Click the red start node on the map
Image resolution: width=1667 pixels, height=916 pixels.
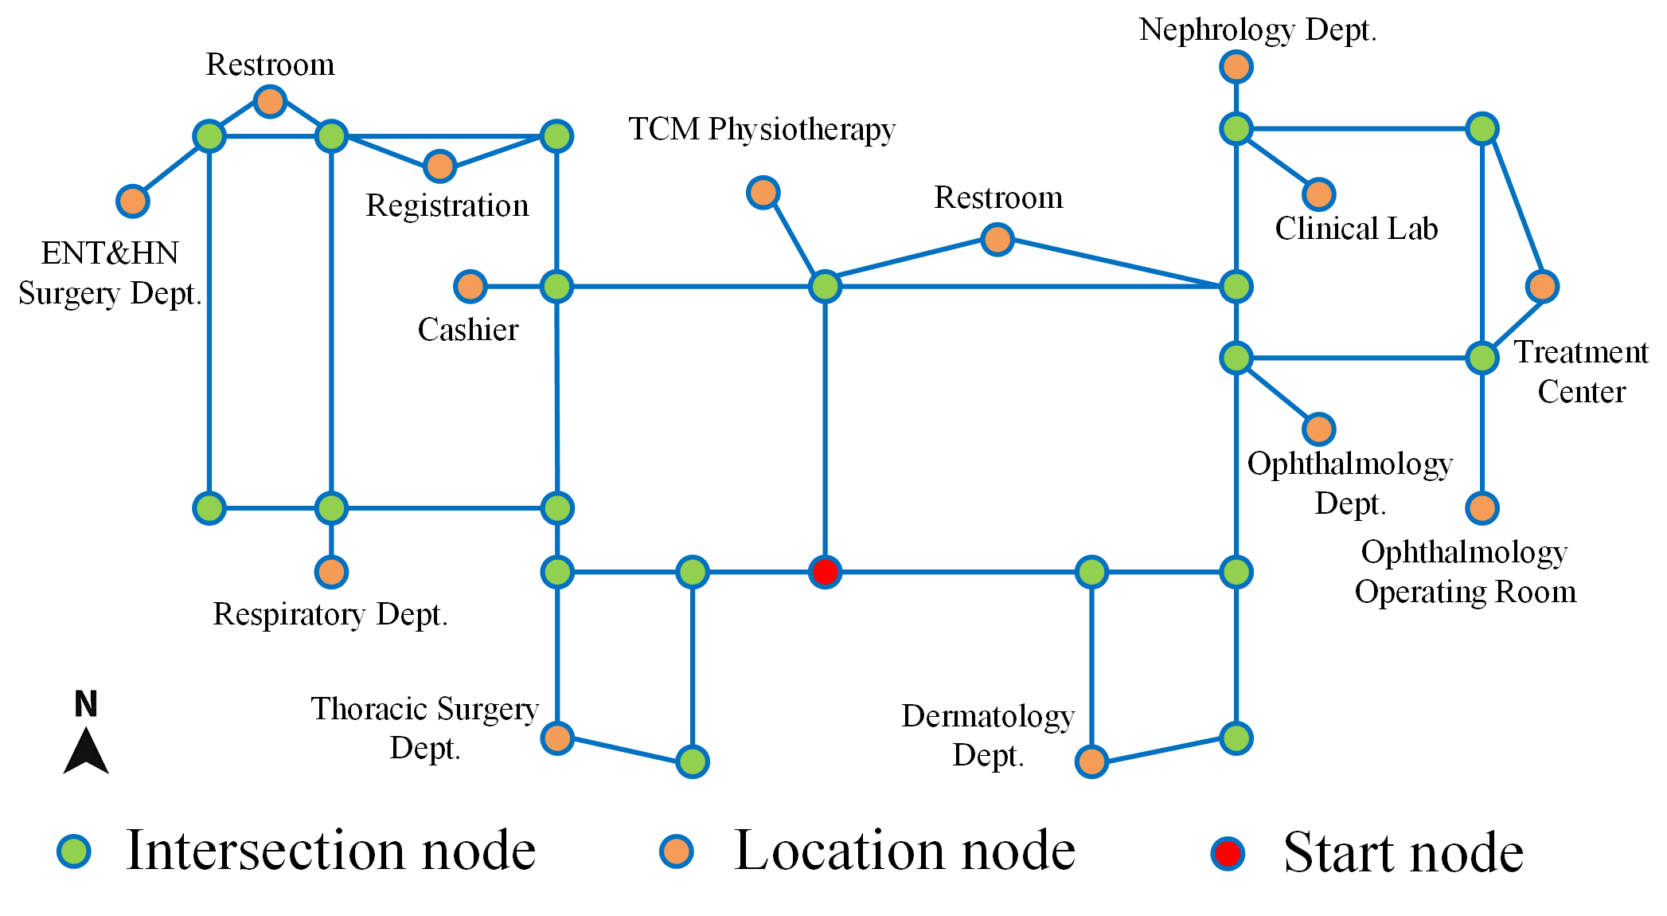pos(825,572)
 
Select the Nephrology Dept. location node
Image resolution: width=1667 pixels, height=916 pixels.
pos(1236,67)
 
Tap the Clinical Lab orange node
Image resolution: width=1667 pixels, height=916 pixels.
pos(1318,194)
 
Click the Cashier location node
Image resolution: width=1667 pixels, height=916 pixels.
pos(470,286)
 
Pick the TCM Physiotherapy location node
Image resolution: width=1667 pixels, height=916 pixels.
pos(763,193)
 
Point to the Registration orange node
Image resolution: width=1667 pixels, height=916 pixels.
pos(439,166)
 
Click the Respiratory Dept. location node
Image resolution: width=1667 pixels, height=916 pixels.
pos(331,572)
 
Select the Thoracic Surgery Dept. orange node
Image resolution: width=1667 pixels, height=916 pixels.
pos(557,738)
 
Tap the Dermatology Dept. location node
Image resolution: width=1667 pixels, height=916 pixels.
pos(1091,761)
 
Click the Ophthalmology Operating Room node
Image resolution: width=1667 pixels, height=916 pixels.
pos(1482,508)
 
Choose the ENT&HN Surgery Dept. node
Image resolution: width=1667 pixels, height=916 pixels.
pos(133,202)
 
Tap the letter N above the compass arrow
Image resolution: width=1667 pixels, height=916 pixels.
pos(86,704)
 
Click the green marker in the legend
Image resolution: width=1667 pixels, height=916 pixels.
pos(74,851)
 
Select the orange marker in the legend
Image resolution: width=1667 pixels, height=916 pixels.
pos(677,851)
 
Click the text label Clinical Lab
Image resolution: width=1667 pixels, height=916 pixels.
pos(1356,229)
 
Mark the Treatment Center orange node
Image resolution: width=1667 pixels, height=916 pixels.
pos(1542,287)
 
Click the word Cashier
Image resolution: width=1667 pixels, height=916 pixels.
pos(468,330)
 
